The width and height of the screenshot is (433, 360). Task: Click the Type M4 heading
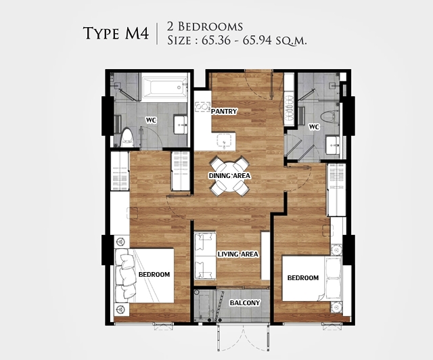[116, 33]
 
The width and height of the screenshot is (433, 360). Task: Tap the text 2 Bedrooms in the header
[205, 26]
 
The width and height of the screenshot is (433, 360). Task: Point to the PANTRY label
[224, 112]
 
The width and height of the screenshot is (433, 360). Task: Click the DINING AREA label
[229, 176]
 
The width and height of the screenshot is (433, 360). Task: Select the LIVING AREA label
[237, 254]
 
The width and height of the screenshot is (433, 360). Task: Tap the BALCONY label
[245, 302]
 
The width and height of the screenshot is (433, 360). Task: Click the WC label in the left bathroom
[151, 120]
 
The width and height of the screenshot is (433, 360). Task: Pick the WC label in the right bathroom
[314, 127]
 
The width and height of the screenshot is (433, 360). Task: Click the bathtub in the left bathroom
[164, 87]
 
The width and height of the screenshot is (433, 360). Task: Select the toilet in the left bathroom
[127, 137]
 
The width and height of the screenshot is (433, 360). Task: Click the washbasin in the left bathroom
[181, 125]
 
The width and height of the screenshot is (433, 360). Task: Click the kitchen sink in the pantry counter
[225, 141]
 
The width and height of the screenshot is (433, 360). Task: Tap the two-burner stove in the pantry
[203, 107]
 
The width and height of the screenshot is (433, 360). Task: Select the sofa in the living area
[205, 256]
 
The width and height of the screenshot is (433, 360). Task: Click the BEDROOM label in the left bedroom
[154, 274]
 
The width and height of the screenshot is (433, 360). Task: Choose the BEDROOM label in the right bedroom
[303, 277]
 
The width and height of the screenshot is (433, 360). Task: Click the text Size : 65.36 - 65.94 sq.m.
[237, 41]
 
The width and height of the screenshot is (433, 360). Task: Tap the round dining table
[229, 176]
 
